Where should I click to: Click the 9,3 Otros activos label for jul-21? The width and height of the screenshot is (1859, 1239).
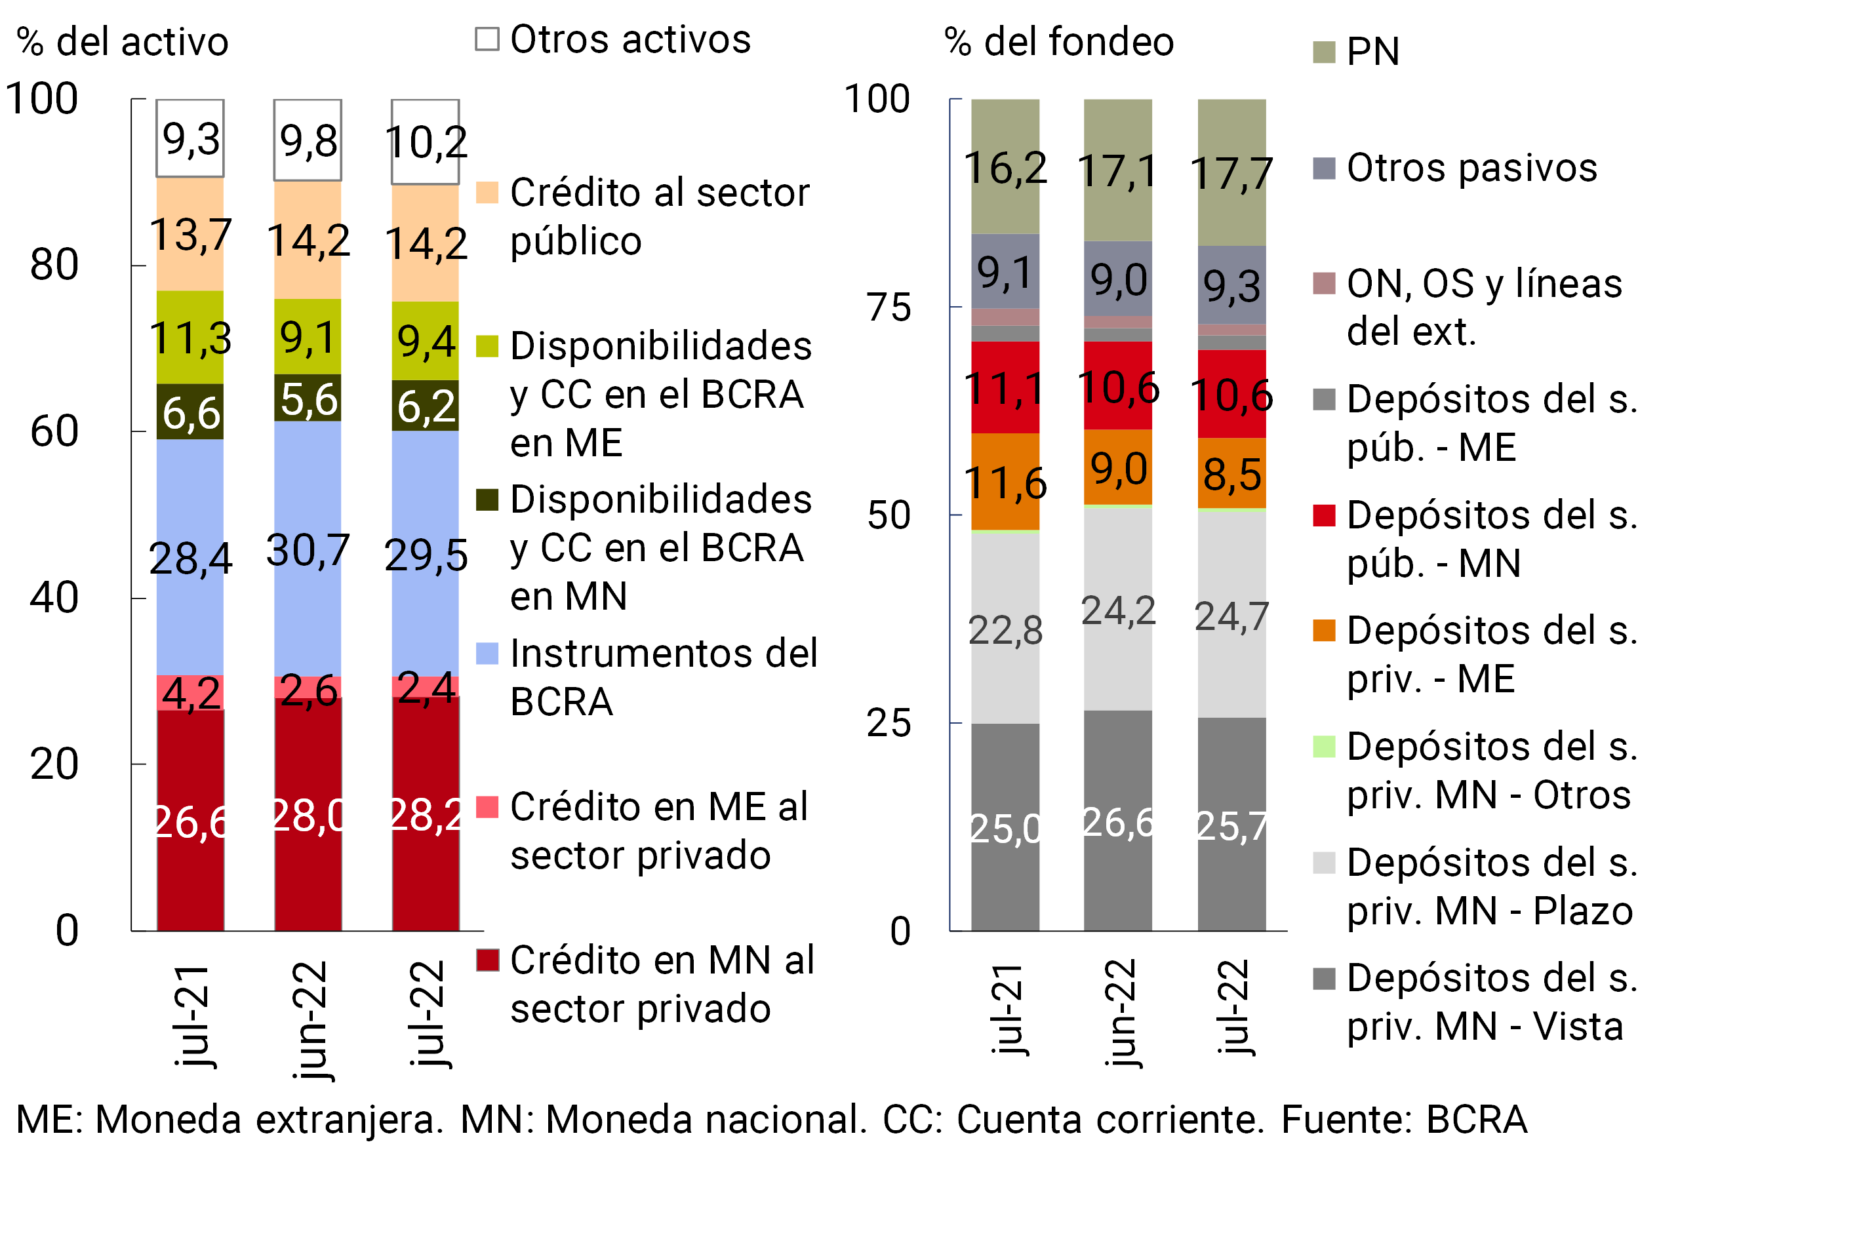(190, 140)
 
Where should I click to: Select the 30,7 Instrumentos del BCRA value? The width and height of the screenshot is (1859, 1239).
(308, 550)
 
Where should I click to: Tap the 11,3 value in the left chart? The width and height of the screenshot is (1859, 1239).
(190, 338)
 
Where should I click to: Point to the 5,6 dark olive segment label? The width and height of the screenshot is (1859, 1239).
(308, 399)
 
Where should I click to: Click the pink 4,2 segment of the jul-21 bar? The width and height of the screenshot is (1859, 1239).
(190, 694)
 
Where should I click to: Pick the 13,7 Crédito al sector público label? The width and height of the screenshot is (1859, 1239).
(190, 235)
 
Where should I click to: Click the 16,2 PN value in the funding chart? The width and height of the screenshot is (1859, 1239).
(1005, 168)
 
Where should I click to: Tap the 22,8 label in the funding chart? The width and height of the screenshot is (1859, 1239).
(1005, 631)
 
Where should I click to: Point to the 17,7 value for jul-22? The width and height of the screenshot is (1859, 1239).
(1231, 174)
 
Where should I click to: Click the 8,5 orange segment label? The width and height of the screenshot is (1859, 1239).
(1231, 474)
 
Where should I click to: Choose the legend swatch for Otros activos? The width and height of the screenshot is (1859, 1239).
(487, 39)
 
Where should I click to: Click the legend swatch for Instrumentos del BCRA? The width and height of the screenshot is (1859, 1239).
(487, 654)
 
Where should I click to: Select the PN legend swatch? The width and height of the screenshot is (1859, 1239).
(1324, 52)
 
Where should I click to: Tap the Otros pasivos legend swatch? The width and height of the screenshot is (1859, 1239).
(1324, 168)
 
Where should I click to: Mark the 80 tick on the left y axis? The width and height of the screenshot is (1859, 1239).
(54, 265)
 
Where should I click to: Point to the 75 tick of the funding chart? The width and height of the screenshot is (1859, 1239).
(889, 307)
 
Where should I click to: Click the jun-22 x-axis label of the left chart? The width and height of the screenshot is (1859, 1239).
(309, 1019)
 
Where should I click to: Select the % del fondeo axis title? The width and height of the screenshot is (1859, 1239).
(1059, 41)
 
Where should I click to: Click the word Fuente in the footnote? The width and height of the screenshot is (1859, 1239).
(1346, 1120)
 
